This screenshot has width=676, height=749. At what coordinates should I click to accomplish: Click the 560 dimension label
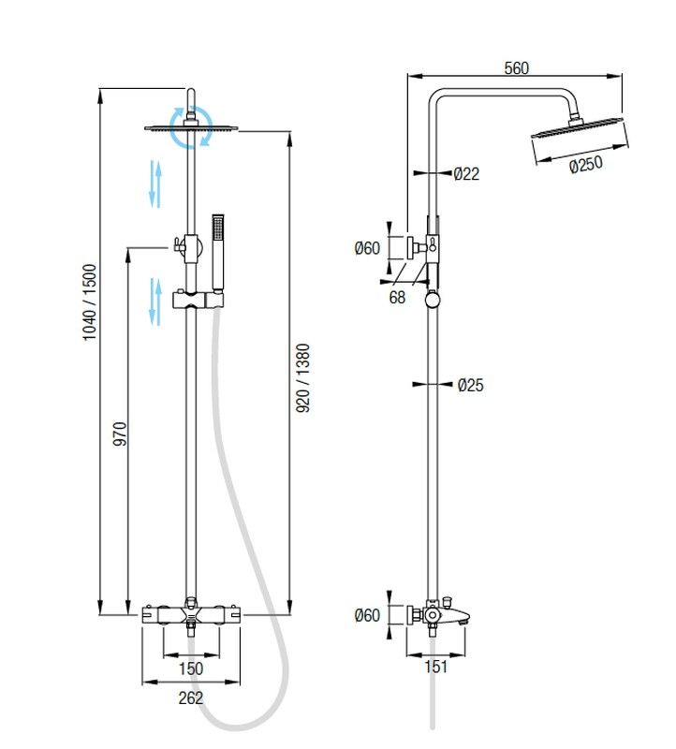pyautogui.click(x=517, y=68)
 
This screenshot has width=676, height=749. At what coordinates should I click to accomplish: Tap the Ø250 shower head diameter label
pyautogui.click(x=586, y=165)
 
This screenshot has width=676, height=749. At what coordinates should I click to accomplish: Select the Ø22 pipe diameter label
pyautogui.click(x=466, y=173)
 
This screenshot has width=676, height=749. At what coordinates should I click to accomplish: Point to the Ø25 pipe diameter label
pyautogui.click(x=471, y=385)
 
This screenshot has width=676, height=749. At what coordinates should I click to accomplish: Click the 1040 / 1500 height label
pyautogui.click(x=90, y=301)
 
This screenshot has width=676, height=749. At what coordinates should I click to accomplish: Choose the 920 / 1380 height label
pyautogui.click(x=302, y=378)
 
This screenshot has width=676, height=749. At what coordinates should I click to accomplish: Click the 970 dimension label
pyautogui.click(x=120, y=433)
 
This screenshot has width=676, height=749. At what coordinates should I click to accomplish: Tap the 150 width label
pyautogui.click(x=191, y=668)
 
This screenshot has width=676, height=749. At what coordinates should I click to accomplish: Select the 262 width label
pyautogui.click(x=191, y=698)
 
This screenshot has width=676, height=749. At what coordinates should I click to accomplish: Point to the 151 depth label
pyautogui.click(x=435, y=667)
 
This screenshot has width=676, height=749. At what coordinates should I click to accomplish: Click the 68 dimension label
pyautogui.click(x=397, y=297)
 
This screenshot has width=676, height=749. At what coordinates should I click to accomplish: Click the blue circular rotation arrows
pyautogui.click(x=191, y=127)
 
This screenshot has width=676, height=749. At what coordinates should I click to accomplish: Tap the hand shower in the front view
pyautogui.click(x=218, y=253)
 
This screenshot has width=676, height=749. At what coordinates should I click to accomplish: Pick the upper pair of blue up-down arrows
pyautogui.click(x=155, y=184)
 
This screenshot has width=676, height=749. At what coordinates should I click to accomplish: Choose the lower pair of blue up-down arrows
pyautogui.click(x=155, y=301)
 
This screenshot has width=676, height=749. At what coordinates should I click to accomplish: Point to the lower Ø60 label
pyautogui.click(x=367, y=615)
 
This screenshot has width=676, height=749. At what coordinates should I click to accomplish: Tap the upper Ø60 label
pyautogui.click(x=367, y=248)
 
